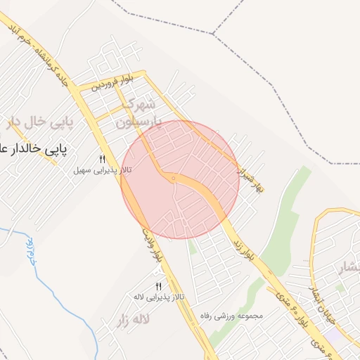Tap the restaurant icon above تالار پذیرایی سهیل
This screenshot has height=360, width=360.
coord(102,159)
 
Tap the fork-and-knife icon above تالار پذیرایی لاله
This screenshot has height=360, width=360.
coord(158,286)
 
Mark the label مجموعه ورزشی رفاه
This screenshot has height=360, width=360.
coord(231,316)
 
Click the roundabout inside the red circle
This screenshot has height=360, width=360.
coord(173,179)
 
